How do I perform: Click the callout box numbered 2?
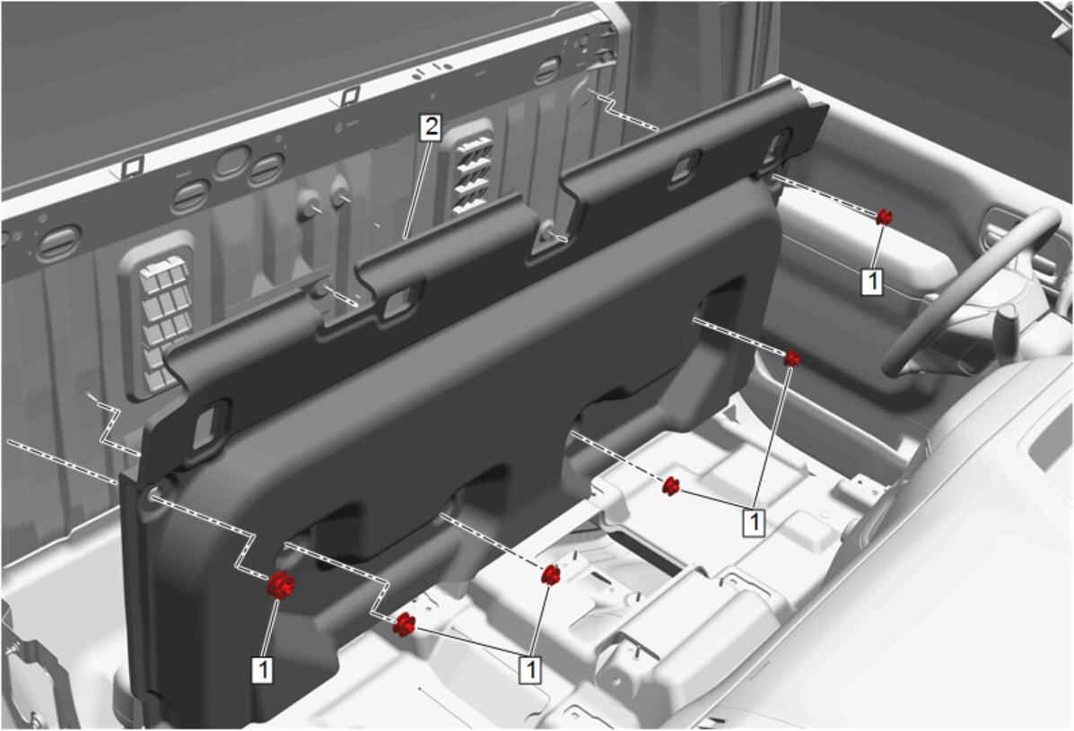point(430,127)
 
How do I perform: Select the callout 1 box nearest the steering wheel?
point(871,282)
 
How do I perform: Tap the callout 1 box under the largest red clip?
point(263,669)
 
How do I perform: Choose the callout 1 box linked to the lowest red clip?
point(531,669)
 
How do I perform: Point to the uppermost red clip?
point(884,218)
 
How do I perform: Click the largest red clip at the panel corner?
point(281,586)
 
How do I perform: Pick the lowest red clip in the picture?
point(404,624)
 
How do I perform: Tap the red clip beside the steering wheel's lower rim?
point(791,358)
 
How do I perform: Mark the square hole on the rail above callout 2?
point(349,95)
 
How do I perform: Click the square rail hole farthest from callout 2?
point(132,166)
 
